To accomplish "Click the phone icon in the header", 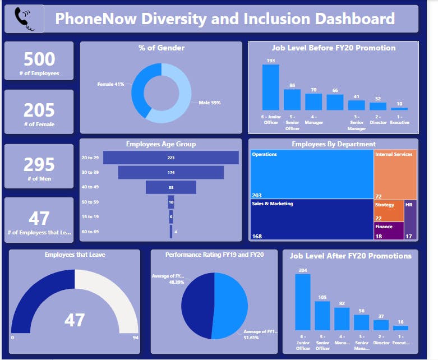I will pos(24,19).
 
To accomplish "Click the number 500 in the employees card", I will pos(39,59).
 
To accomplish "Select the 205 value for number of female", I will pos(39,109).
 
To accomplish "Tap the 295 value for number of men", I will pos(39,164).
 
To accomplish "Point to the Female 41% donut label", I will pos(111,84).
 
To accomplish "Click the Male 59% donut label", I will pos(210,103).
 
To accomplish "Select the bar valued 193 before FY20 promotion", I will pos(271,87).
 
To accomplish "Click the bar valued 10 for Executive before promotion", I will pos(399,108).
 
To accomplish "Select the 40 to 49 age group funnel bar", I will pos(170,187).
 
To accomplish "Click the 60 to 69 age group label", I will pos(90,231).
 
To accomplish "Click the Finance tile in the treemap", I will pos(389,231).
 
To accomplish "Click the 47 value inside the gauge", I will pos(75,320).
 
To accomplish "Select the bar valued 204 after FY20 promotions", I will pos(303,302).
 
